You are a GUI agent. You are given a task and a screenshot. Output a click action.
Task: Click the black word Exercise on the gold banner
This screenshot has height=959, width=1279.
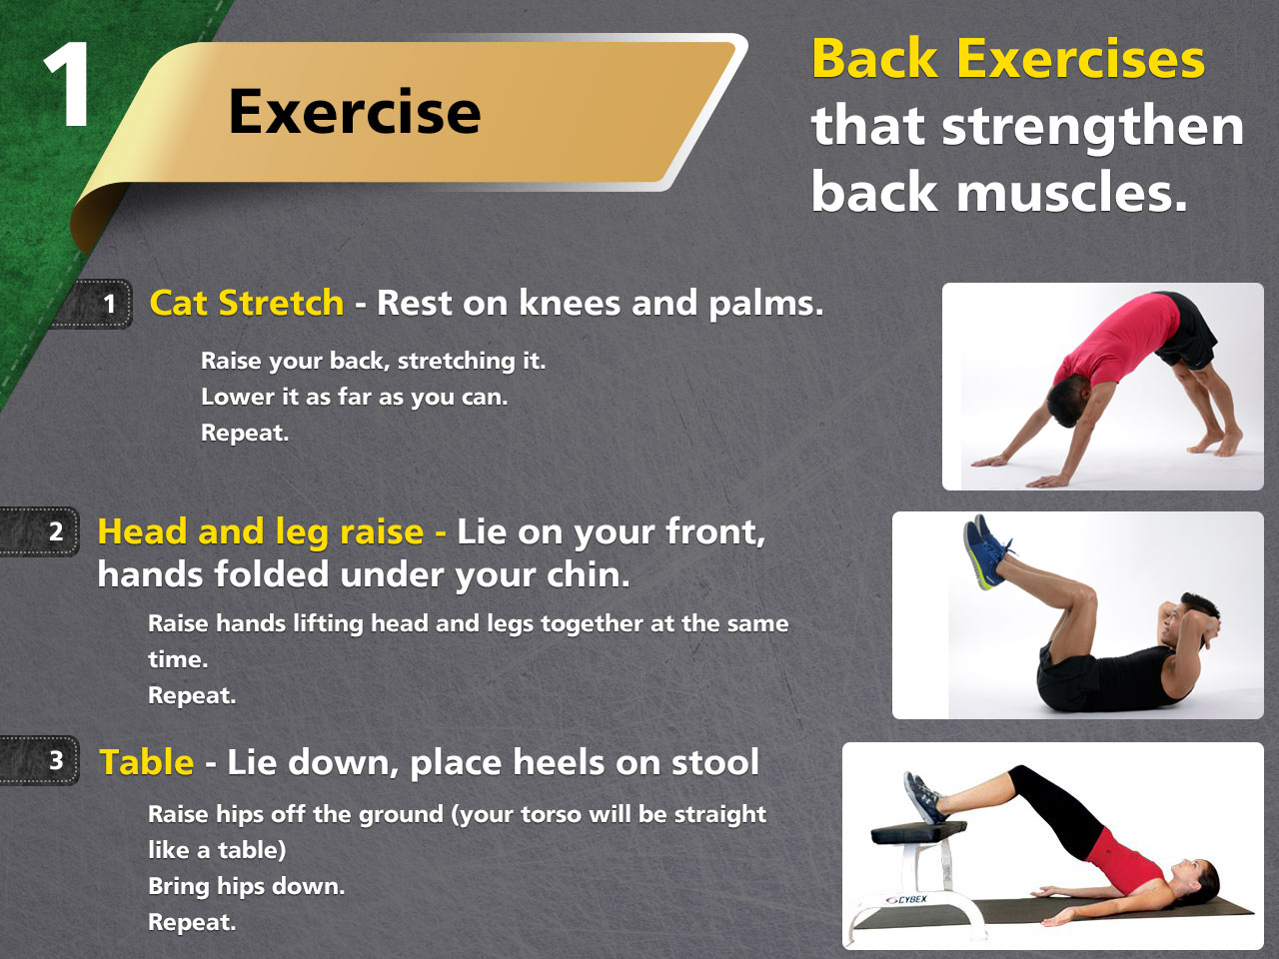tap(355, 111)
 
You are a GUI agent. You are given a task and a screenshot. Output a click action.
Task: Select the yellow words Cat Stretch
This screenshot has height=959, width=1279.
tap(247, 303)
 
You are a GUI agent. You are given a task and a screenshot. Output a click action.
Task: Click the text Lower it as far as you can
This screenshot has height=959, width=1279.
tap(355, 398)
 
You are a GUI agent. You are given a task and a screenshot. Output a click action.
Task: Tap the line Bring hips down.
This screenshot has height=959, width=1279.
tap(247, 886)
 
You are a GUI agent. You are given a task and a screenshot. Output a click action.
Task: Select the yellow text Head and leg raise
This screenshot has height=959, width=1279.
tap(261, 531)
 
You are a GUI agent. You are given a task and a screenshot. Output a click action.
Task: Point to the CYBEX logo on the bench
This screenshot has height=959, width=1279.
tap(906, 900)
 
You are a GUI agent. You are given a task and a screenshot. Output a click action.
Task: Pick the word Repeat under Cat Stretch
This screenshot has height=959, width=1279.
tap(245, 434)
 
